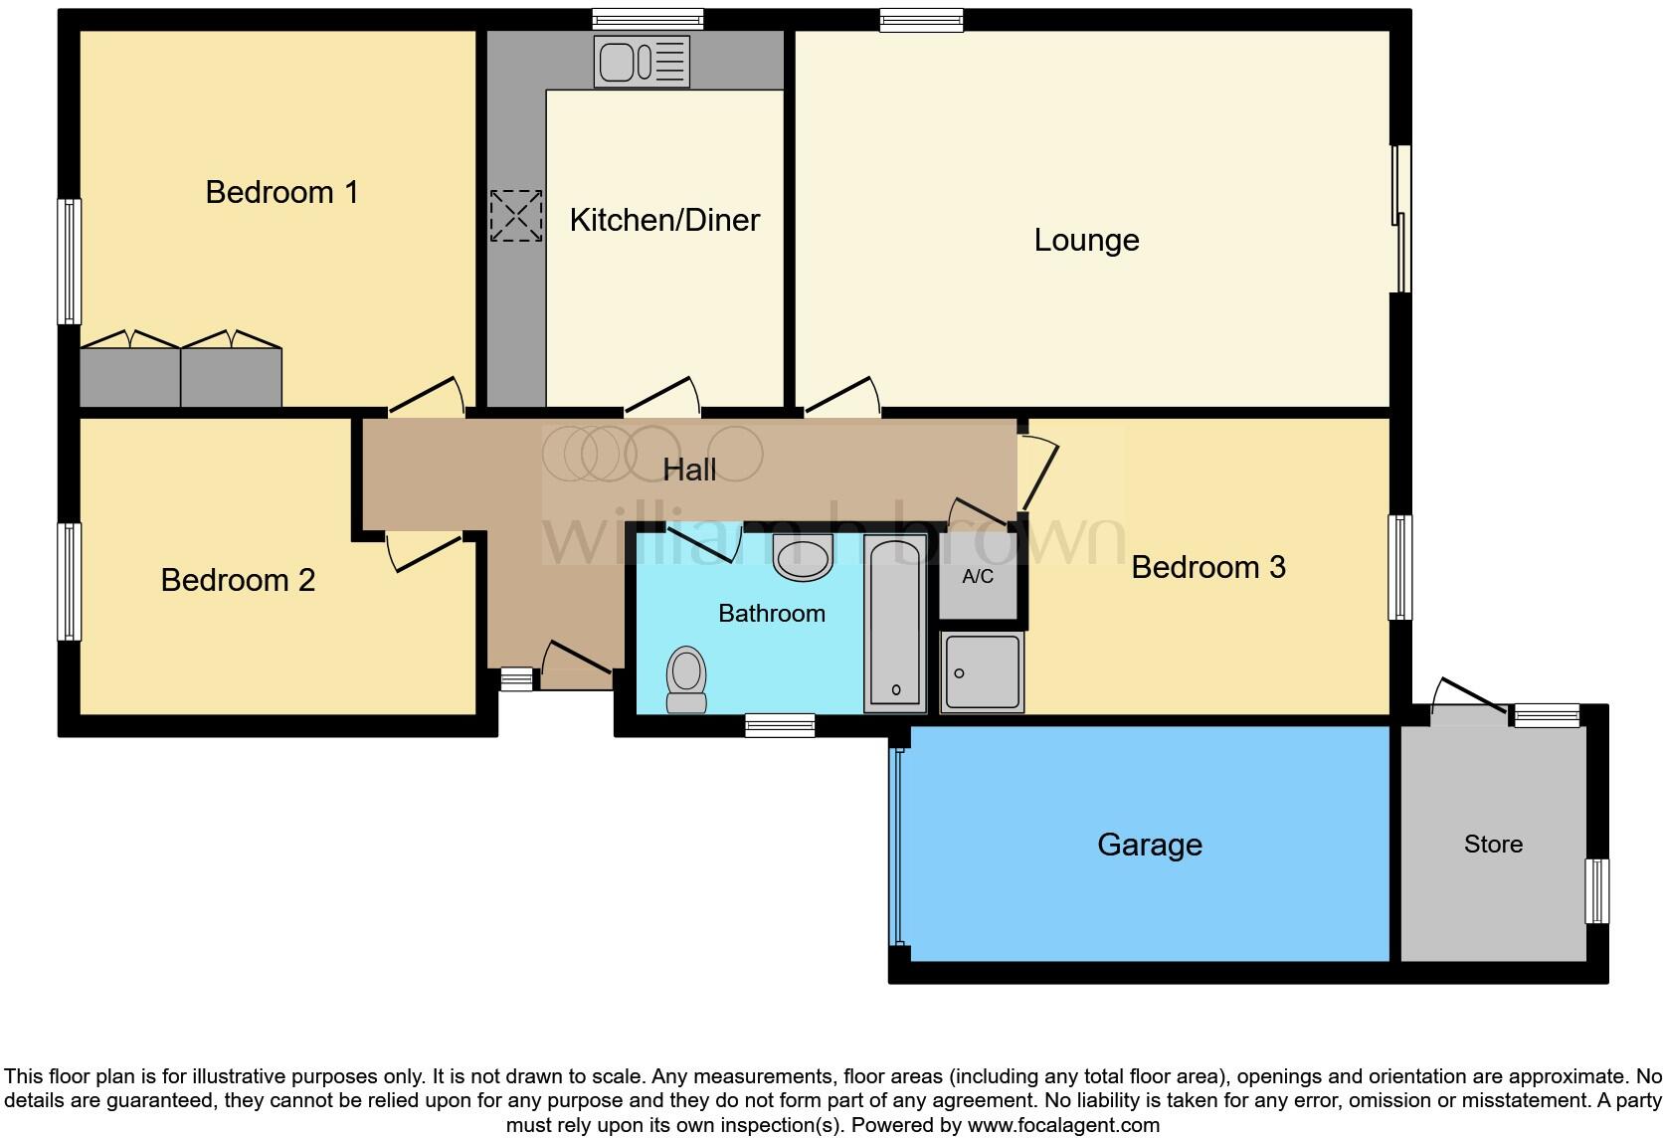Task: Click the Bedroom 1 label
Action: point(281,192)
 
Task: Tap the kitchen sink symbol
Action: point(642,61)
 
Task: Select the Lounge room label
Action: point(1086,240)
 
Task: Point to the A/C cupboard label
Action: point(978,577)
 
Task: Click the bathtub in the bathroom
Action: point(895,622)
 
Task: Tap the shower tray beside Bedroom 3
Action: point(982,671)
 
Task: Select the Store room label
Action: point(1492,844)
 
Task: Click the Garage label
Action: point(1149,845)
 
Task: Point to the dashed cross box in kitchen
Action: point(516,216)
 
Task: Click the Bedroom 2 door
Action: point(425,552)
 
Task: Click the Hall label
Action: point(689,470)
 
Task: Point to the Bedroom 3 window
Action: point(1399,567)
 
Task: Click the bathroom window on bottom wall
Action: point(780,726)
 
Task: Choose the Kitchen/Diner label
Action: point(664,220)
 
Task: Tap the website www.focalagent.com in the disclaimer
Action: point(1063,1125)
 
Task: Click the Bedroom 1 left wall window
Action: point(69,262)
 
